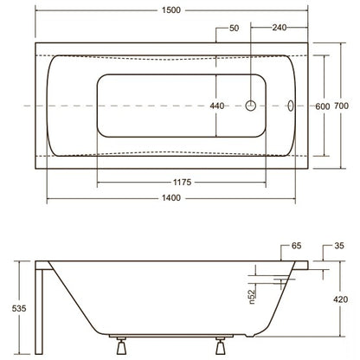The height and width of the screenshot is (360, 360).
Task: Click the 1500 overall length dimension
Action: pyautogui.click(x=171, y=10)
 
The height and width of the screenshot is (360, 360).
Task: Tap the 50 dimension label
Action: pyautogui.click(x=235, y=28)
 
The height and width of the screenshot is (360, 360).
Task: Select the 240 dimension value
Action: pyautogui.click(x=280, y=28)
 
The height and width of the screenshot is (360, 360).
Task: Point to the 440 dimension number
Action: pyautogui.click(x=217, y=106)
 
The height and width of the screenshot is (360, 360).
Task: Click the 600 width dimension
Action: pyautogui.click(x=322, y=106)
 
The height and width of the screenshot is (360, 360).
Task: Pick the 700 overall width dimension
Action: pyautogui.click(x=341, y=106)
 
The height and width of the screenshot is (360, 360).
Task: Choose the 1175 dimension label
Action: pyautogui.click(x=182, y=183)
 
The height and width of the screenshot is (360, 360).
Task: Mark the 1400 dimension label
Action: pyautogui.click(x=171, y=198)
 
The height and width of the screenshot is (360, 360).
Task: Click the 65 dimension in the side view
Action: pyautogui.click(x=296, y=246)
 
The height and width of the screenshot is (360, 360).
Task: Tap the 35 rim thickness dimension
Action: pyautogui.click(x=339, y=246)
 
